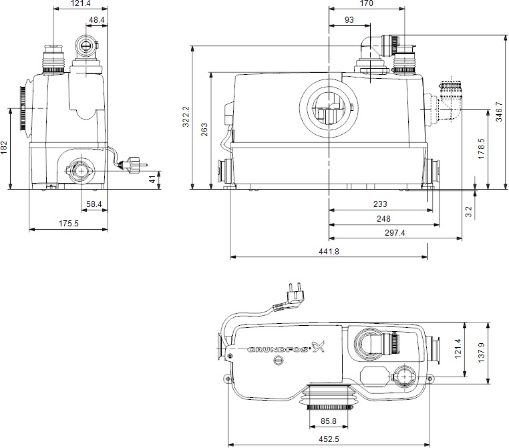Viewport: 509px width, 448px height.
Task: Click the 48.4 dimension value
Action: click(x=98, y=21)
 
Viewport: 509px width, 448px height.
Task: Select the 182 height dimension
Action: click(x=5, y=148)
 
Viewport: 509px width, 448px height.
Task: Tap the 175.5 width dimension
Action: click(x=68, y=224)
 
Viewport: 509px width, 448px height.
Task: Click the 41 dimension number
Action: click(x=152, y=179)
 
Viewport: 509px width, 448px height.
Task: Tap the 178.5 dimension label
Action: click(x=481, y=147)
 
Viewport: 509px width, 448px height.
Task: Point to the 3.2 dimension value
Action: click(x=468, y=212)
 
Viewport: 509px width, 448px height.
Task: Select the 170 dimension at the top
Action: click(x=366, y=4)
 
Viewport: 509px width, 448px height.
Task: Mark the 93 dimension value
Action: click(x=349, y=21)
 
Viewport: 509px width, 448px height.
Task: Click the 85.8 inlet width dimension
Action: click(x=328, y=421)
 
